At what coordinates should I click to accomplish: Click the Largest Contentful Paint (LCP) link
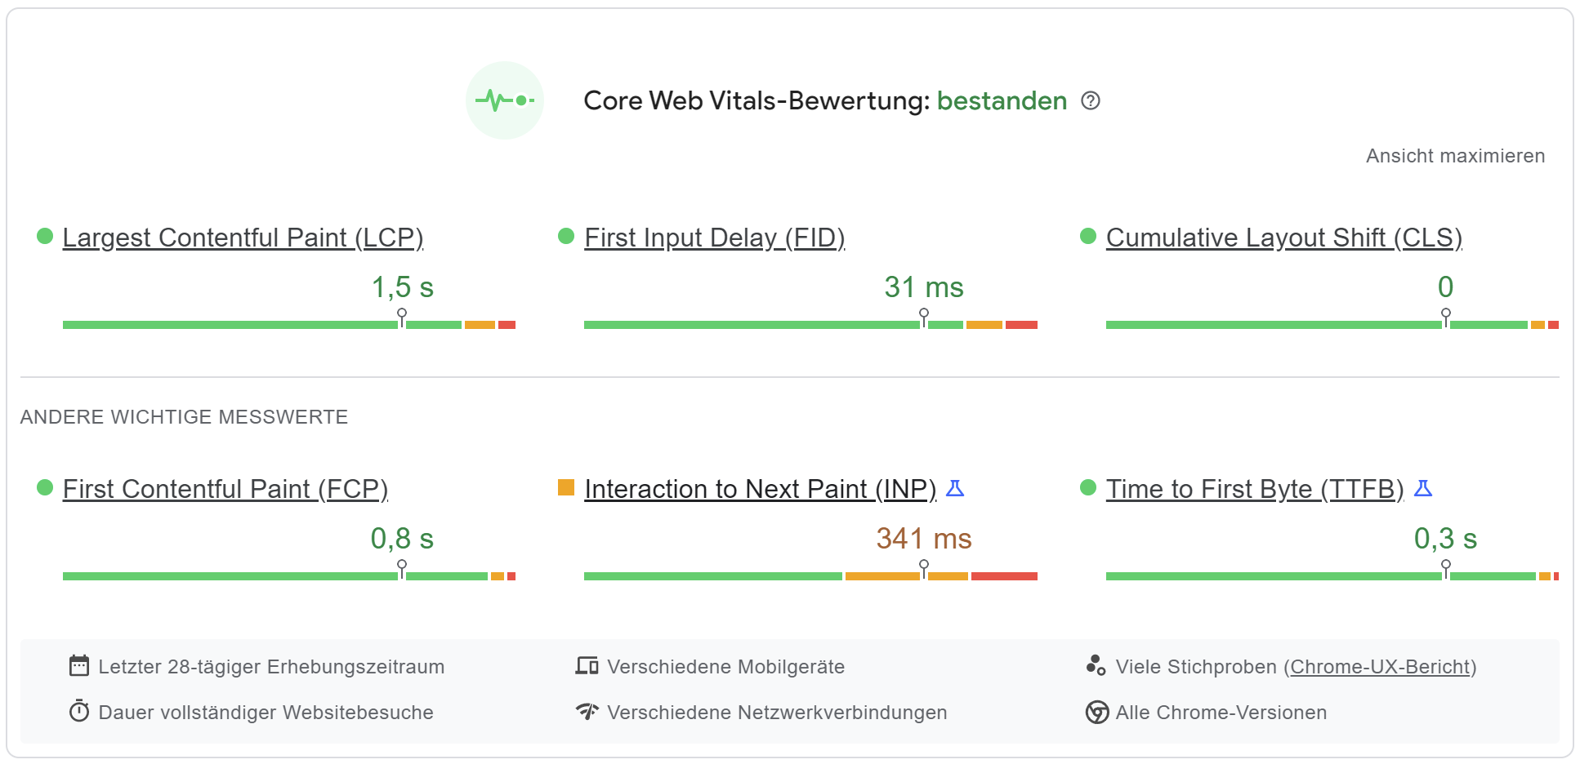coord(243,238)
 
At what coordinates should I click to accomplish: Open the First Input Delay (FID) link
coord(714,238)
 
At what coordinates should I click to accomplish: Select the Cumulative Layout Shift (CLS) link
coord(1283,238)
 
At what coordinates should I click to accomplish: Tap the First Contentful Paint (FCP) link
coord(225,489)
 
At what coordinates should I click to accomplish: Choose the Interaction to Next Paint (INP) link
coord(760,489)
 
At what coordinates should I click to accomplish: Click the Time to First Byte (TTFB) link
coord(1254,489)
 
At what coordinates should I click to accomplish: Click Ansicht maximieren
coord(1455,156)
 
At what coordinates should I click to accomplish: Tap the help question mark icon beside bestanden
coord(1091,100)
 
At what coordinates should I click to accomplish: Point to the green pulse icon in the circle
coord(504,100)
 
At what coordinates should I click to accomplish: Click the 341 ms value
coord(923,539)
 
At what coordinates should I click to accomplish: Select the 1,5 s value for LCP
coord(402,287)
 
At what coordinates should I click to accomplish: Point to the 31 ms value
coord(923,287)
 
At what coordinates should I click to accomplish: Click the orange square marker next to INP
coord(566,487)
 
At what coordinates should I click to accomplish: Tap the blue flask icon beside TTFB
coord(1423,488)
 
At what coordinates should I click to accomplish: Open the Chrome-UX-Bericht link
coord(1380,667)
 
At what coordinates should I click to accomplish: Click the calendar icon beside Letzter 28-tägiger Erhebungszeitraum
coord(79,666)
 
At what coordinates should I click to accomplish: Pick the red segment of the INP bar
coord(1004,576)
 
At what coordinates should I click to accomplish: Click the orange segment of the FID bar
coord(984,325)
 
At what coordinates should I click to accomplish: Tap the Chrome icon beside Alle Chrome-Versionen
coord(1096,713)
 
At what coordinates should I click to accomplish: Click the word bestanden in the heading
coord(1002,100)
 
